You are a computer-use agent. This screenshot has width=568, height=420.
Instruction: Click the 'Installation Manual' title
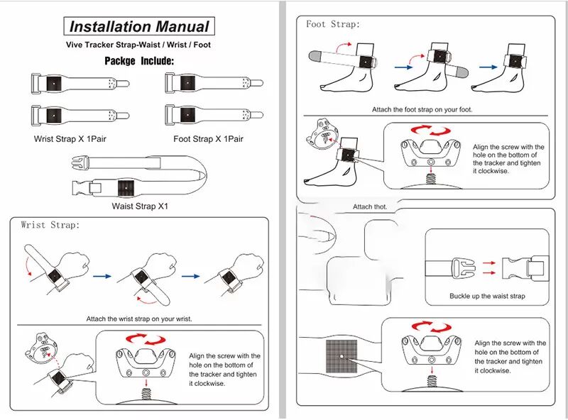pos(139,26)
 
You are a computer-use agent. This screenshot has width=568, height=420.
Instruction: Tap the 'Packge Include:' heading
pos(139,60)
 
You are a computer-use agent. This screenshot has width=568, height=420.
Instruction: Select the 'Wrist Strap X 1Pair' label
pos(70,138)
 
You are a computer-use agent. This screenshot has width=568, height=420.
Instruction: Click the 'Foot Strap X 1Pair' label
pos(208,138)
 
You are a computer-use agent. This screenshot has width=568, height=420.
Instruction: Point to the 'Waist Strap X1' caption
pos(140,206)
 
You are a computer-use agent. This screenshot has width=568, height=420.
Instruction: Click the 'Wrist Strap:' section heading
pos(50,225)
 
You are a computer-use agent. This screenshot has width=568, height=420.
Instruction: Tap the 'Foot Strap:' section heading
pos(333,24)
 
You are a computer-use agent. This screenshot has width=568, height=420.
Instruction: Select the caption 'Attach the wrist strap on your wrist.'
pos(139,319)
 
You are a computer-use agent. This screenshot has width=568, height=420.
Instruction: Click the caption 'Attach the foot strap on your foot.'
pos(422,109)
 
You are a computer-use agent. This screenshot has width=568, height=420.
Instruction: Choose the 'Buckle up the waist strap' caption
pos(487,296)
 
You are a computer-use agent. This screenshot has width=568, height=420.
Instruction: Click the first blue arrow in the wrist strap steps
pos(102,276)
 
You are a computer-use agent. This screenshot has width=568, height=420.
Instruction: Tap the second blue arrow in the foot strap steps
pos(488,67)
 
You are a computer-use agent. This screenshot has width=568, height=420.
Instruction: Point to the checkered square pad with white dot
pos(342,356)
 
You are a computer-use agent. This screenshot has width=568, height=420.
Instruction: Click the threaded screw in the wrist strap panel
pos(146,394)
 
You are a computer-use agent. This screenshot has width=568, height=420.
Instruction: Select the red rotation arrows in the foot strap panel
pos(431,131)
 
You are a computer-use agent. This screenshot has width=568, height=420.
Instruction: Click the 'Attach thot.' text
pos(370,206)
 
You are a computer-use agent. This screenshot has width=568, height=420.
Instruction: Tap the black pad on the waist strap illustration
pos(126,188)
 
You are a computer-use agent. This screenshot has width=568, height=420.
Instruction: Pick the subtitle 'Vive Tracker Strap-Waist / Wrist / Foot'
pos(138,45)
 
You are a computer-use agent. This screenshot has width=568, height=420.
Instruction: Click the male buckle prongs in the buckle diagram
pos(464,268)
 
